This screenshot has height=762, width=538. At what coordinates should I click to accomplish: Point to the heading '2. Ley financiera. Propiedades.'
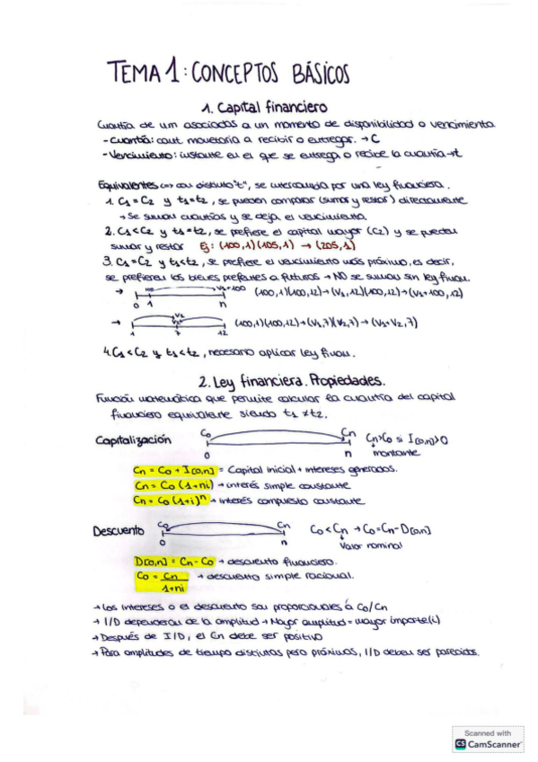coord(291,380)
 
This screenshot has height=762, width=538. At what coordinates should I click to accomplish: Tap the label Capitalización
coord(133,439)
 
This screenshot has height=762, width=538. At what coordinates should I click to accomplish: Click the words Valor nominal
coord(363,545)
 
